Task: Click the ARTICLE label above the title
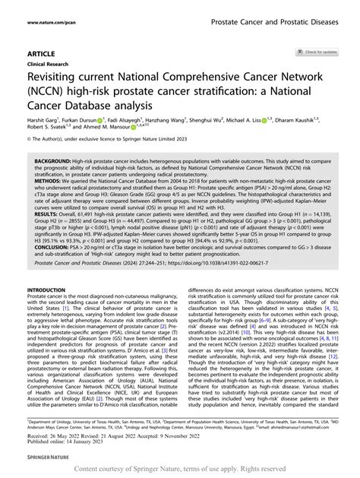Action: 40,53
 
